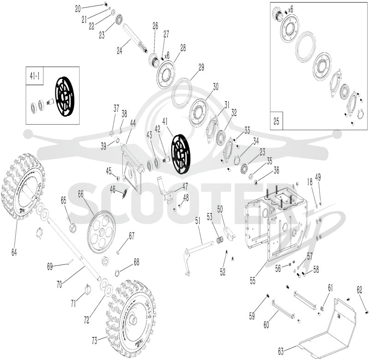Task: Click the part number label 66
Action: click(81, 194)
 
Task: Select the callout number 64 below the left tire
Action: click(14, 252)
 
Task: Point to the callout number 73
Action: click(95, 341)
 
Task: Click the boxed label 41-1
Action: click(35, 77)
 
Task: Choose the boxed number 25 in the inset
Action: click(276, 121)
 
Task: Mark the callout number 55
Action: click(253, 281)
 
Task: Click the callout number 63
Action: click(281, 352)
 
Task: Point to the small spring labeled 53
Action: click(220, 240)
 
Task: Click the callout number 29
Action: click(201, 67)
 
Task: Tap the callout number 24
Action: click(120, 51)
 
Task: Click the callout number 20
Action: click(78, 9)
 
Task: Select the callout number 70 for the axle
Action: click(60, 284)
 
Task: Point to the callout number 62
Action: click(360, 290)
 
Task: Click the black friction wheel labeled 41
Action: click(181, 154)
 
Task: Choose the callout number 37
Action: click(116, 108)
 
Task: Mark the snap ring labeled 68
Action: click(118, 272)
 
